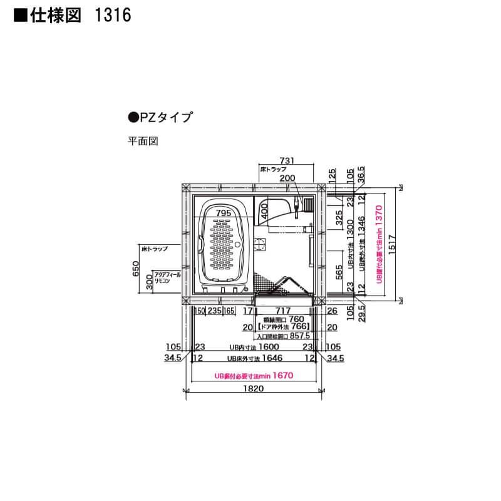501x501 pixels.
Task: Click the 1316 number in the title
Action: [x=113, y=16]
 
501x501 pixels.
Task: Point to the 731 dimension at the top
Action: [x=286, y=162]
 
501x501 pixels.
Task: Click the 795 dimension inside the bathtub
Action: [x=224, y=213]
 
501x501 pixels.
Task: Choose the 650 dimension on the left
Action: [x=136, y=270]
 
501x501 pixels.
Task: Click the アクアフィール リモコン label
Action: [x=167, y=279]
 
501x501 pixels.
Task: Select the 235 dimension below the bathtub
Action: [x=215, y=310]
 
